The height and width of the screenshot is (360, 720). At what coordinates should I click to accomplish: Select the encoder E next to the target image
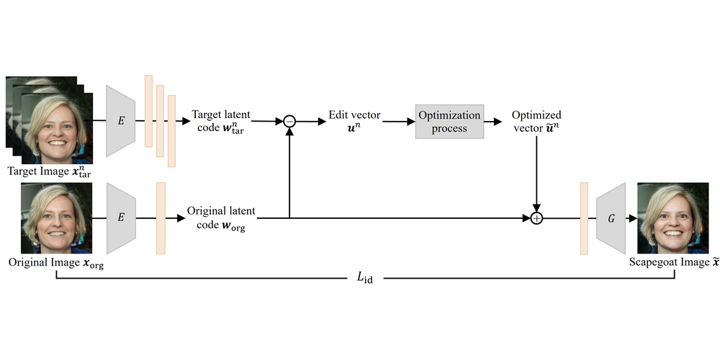click(121, 121)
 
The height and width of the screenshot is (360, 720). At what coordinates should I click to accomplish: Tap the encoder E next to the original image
click(121, 218)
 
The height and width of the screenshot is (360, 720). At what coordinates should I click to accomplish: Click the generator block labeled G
click(611, 217)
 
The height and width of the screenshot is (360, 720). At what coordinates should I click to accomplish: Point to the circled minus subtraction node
click(289, 122)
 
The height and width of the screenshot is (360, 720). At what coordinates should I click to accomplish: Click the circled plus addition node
click(536, 217)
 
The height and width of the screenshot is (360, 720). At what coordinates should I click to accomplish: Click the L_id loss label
click(366, 278)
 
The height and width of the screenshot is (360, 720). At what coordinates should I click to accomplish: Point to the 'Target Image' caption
click(50, 172)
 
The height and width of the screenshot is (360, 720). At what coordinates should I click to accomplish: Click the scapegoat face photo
click(672, 217)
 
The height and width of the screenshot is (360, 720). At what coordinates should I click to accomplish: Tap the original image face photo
click(57, 217)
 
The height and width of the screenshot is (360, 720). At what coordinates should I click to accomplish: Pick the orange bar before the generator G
click(584, 218)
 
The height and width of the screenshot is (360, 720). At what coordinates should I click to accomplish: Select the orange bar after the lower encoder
click(161, 218)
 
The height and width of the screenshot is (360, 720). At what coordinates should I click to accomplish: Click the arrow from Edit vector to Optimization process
click(398, 122)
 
